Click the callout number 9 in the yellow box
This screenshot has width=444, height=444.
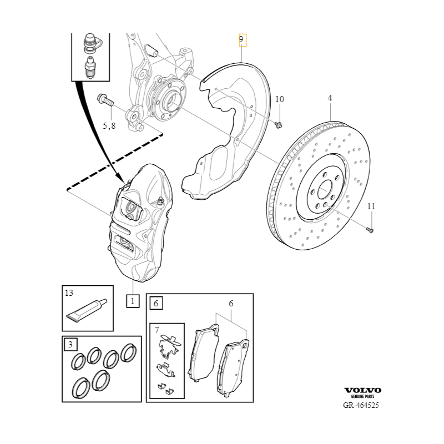click(241, 39)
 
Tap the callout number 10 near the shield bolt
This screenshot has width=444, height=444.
click(279, 99)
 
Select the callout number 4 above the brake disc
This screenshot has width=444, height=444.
click(330, 98)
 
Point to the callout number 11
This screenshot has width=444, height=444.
click(371, 206)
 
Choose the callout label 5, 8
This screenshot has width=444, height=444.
click(109, 126)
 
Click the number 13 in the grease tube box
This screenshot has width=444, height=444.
click(69, 292)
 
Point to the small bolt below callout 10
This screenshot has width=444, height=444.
click(279, 124)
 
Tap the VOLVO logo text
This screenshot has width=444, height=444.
click(363, 390)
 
